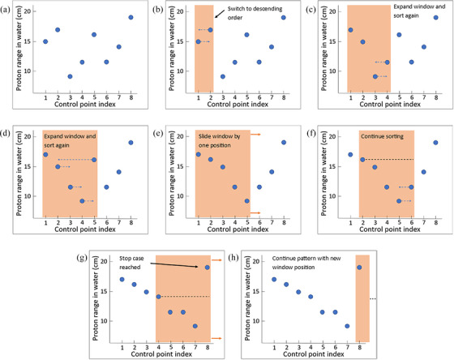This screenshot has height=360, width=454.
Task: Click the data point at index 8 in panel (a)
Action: coord(131,17)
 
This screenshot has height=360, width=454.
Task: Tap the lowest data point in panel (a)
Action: coord(70,76)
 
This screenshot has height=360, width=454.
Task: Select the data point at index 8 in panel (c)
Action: coord(436,17)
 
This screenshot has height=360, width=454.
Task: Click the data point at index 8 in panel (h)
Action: coord(359,268)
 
